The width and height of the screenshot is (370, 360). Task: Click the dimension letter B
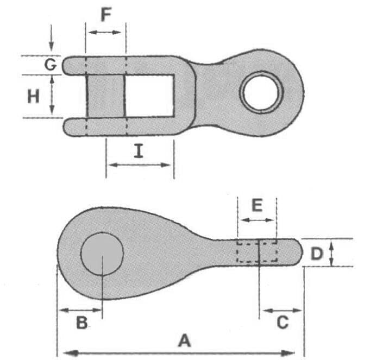[81, 323]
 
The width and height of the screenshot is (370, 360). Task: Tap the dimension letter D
[317, 253]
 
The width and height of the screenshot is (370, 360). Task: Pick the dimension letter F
[106, 15]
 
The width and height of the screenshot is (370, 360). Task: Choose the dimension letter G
[50, 65]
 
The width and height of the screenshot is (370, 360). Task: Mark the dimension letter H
[34, 96]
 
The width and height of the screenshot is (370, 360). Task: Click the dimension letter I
[139, 151]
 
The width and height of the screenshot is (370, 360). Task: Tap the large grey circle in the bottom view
[102, 253]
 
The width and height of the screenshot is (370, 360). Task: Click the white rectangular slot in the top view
[149, 96]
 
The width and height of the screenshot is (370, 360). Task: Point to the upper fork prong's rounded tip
[68, 65]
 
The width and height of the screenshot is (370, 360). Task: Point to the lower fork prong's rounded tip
[68, 127]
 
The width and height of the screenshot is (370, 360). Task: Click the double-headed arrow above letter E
[257, 220]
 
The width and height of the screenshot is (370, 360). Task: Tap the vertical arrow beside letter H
[52, 96]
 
